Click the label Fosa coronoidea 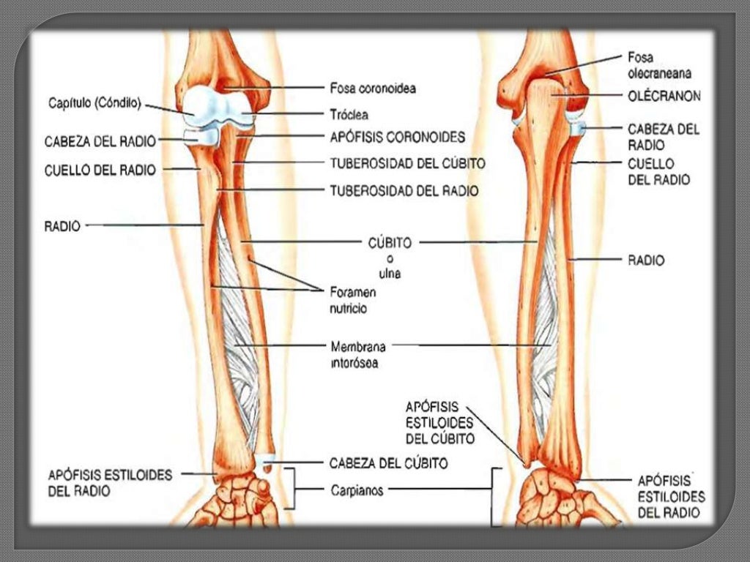coord(373,88)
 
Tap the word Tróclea coord(349,115)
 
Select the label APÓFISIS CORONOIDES coord(398,137)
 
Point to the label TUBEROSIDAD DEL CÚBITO coord(407,163)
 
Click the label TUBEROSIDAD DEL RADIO coord(404,191)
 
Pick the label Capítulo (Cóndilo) coord(94,103)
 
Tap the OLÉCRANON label coord(664,96)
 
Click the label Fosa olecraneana coord(659,65)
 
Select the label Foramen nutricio coord(352,300)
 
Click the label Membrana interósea coord(357,354)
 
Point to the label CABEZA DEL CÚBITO coord(388,463)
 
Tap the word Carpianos coord(357,490)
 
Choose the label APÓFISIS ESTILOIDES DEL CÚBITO coord(439,423)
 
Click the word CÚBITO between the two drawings coord(390,243)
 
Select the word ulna coord(390,274)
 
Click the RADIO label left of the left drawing coord(62,226)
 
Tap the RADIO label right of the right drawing coord(646,261)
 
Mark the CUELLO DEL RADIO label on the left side coord(100,170)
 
